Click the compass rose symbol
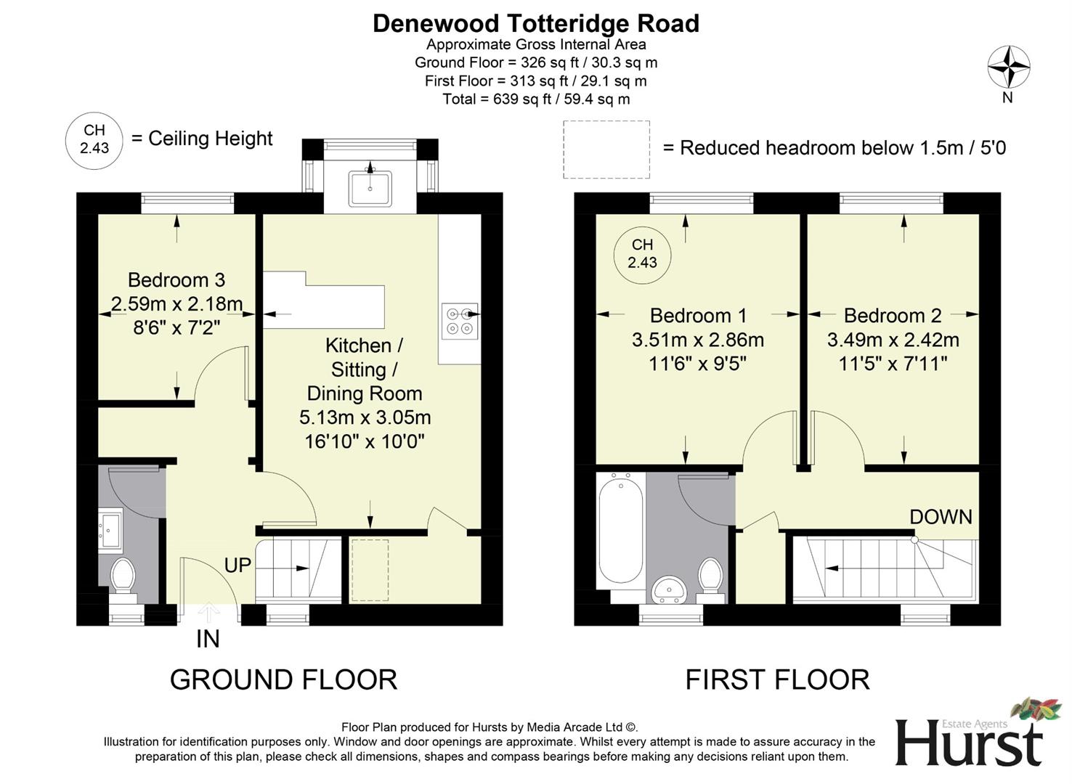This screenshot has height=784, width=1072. pos(1008,68)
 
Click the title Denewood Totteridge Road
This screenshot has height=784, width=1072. pos(535,23)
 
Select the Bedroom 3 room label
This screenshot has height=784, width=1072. pos(176,279)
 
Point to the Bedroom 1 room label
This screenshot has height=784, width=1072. pos(698,315)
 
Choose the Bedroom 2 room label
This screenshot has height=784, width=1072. pos(893,315)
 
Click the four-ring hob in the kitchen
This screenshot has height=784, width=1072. pos(460,322)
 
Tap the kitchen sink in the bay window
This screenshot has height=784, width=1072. pos(370,188)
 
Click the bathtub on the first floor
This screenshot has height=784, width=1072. pos(620,528)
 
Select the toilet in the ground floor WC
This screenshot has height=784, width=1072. pos(123,576)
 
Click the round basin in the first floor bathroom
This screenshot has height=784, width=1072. pos(669,589)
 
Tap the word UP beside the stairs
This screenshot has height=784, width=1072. pos(237,565)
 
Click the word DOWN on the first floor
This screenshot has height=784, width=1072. pos(941,517)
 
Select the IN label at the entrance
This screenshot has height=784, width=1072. pos(208,639)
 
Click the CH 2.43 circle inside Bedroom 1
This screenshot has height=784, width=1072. pos(642,254)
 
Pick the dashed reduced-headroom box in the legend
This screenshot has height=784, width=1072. pos(606,150)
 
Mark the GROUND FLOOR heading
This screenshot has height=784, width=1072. pos(283,680)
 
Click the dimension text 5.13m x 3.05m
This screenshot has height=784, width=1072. pos(365,417)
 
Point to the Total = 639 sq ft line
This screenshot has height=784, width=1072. pos(535,99)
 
